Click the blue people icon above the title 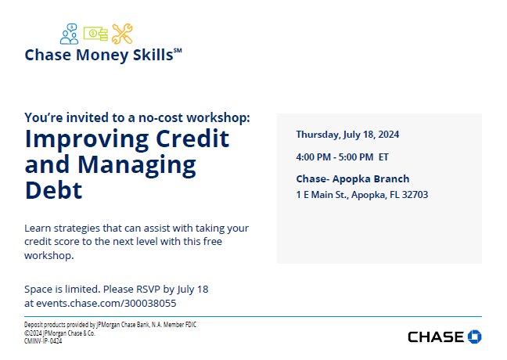click(x=69, y=34)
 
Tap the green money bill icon click(x=95, y=34)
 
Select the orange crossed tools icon click(x=122, y=34)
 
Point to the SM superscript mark click(x=178, y=50)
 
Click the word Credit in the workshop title click(x=192, y=139)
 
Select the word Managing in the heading click(x=137, y=166)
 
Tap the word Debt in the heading click(x=53, y=190)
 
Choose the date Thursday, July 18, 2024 click(x=347, y=135)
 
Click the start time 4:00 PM click(x=313, y=157)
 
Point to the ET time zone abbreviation click(x=383, y=157)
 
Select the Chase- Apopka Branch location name click(x=353, y=179)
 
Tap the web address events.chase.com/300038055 click(x=106, y=304)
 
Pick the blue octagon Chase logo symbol click(x=475, y=337)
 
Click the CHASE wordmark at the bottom click(x=436, y=337)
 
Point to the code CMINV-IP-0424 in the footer click(x=43, y=341)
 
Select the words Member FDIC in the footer click(x=180, y=325)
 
